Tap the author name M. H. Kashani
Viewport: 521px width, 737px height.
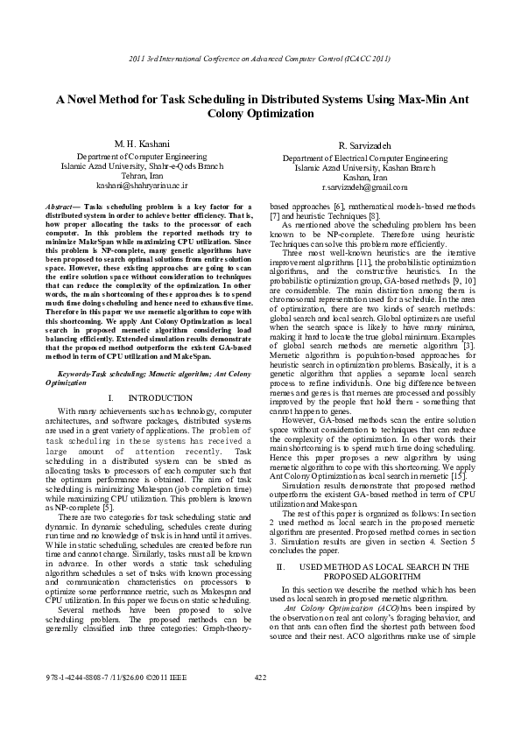(130, 144)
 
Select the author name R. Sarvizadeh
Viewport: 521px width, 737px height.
(364, 145)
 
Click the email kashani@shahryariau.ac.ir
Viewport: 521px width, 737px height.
(130, 186)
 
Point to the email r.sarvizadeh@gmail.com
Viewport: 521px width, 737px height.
(364, 188)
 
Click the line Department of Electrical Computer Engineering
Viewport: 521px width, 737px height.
(364, 158)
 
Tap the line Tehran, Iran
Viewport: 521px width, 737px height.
(130, 176)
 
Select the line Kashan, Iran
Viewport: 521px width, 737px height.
(364, 178)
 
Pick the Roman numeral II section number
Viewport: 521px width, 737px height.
(280, 543)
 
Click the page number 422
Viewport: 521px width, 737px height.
(259, 701)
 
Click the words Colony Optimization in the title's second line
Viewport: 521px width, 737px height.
(260, 115)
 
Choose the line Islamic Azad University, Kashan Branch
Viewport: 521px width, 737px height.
(364, 168)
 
